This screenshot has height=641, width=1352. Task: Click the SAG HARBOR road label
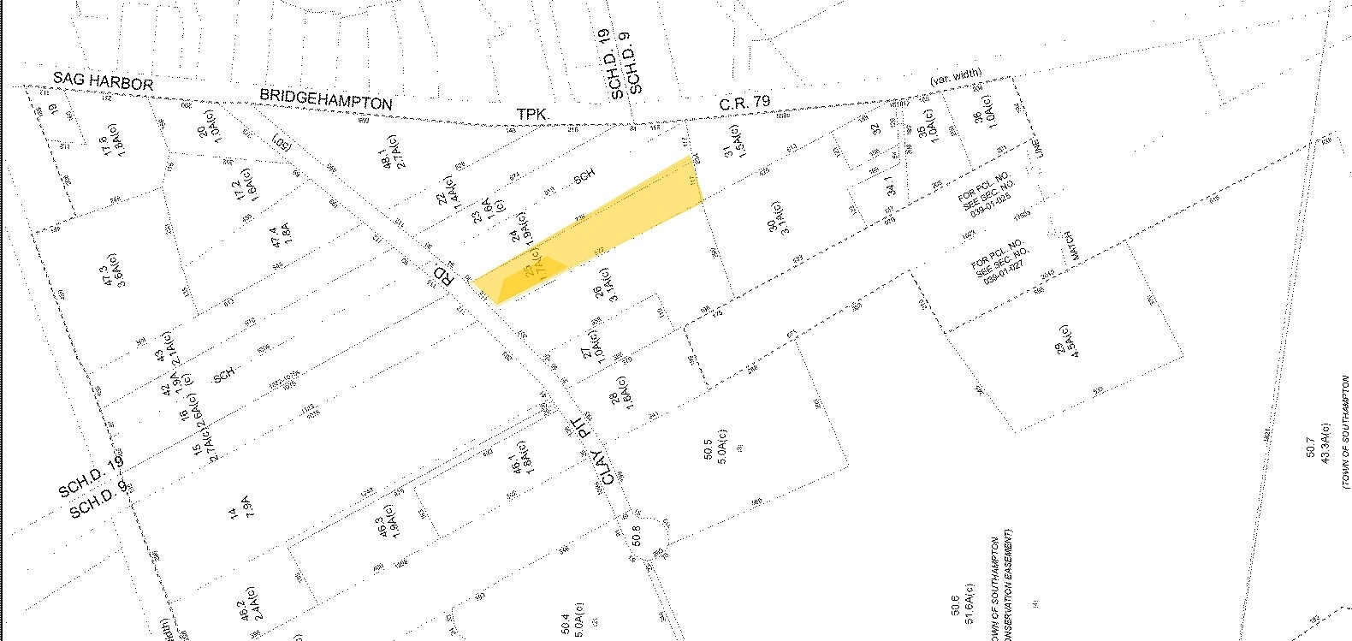tap(103, 81)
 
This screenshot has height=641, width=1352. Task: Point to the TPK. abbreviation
tap(533, 112)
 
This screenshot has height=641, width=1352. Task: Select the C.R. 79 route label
tap(744, 103)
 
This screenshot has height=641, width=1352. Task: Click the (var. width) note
tap(957, 78)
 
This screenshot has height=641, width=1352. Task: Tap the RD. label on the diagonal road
tap(442, 276)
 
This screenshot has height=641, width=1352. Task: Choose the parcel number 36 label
tap(978, 117)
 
